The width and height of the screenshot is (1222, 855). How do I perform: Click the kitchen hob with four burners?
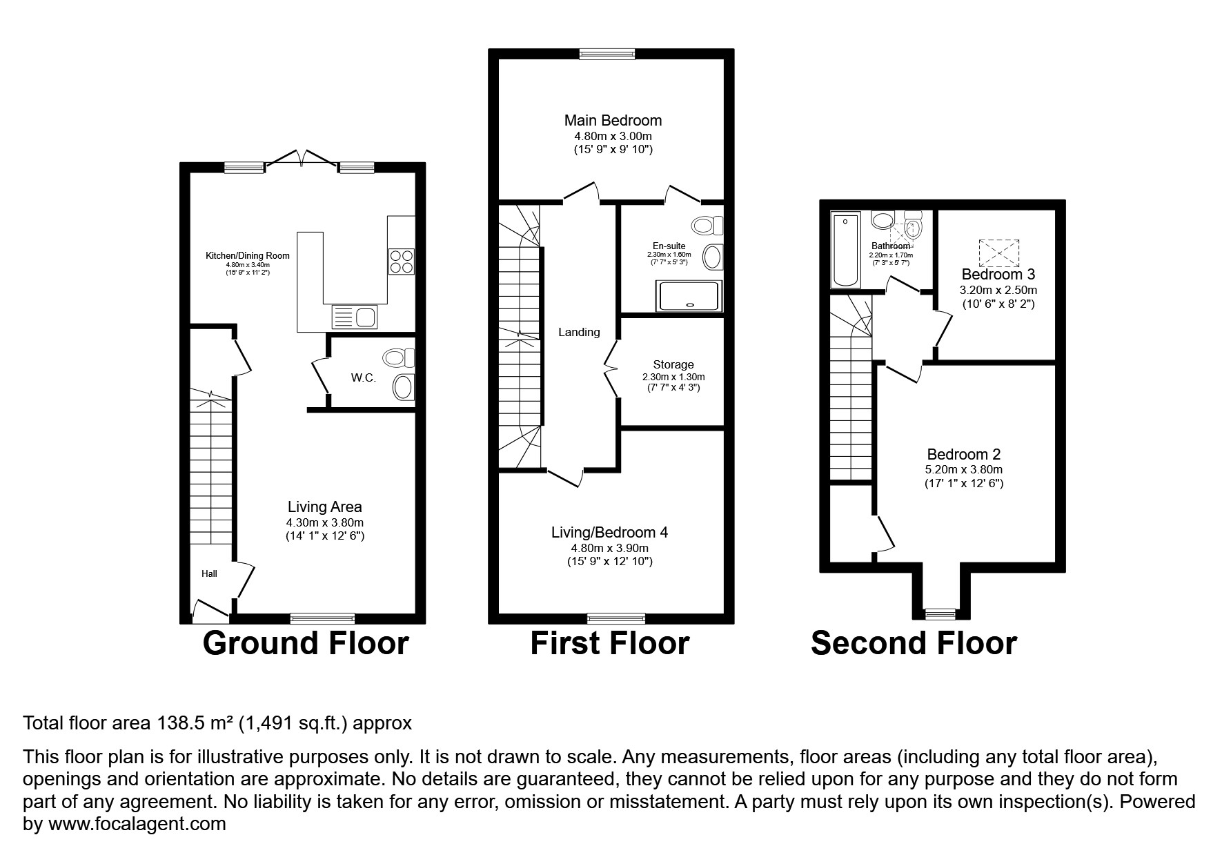[402, 262]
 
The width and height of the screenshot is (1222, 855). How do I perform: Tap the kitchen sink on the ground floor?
[355, 317]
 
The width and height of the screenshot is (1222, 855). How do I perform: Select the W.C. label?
[364, 377]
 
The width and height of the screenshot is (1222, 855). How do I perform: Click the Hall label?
[209, 573]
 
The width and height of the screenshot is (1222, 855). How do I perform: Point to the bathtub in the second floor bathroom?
[845, 250]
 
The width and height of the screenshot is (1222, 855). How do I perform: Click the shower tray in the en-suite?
[690, 296]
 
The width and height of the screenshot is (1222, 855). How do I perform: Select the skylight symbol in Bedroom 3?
[998, 253]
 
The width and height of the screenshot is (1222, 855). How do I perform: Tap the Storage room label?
[673, 364]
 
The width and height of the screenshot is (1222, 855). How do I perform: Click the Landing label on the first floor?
[579, 332]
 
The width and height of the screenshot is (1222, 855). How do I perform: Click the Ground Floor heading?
[306, 642]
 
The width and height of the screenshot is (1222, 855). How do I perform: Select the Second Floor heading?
[914, 642]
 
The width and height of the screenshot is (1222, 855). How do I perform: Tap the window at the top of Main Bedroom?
[607, 54]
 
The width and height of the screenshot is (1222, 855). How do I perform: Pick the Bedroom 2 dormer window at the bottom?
[940, 613]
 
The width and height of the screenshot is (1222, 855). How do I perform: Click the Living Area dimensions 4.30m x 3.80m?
[325, 522]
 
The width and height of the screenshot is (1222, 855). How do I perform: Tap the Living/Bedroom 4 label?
[609, 532]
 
